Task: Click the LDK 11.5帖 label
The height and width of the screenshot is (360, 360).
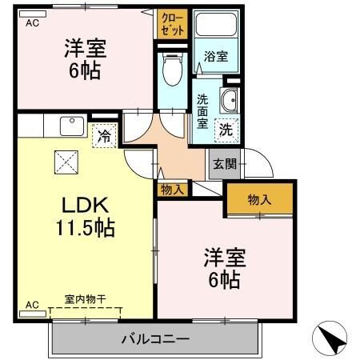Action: pyautogui.click(x=83, y=214)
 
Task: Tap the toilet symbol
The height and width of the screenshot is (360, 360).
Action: pyautogui.click(x=171, y=70)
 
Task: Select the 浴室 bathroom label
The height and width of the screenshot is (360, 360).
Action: pyautogui.click(x=215, y=58)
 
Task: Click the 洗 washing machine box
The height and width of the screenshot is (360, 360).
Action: pyautogui.click(x=226, y=128)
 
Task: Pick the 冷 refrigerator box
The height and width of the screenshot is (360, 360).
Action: pyautogui.click(x=104, y=136)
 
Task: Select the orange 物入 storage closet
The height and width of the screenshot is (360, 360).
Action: pyautogui.click(x=259, y=199)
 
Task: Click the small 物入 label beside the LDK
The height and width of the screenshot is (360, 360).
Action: pyautogui.click(x=172, y=190)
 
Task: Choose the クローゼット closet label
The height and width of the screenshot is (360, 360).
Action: pyautogui.click(x=172, y=23)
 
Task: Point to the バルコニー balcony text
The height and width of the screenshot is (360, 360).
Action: pyautogui.click(x=155, y=338)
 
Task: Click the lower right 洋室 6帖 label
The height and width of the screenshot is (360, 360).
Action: pyautogui.click(x=223, y=269)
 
